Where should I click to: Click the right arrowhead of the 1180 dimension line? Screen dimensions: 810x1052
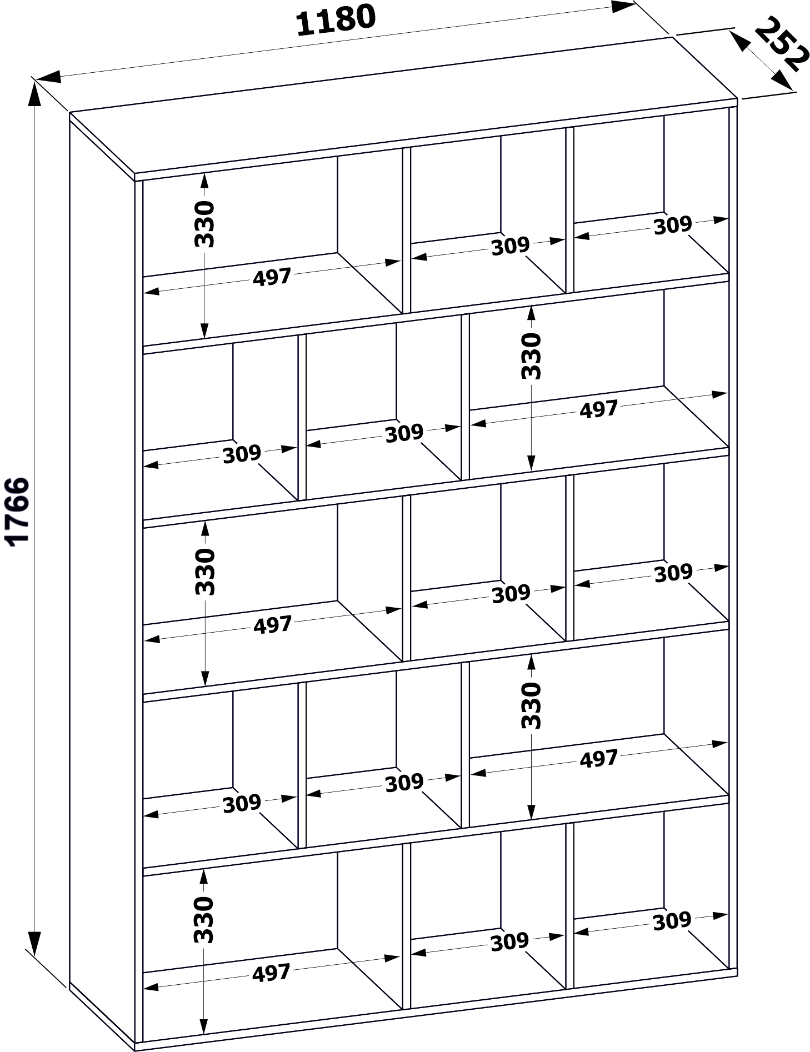coord(622,7)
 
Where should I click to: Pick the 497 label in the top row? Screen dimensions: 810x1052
coord(272,277)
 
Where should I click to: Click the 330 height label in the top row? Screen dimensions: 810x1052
coord(204,224)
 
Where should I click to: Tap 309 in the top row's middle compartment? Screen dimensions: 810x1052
coord(511,246)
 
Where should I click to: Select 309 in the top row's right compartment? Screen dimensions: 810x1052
coord(673,225)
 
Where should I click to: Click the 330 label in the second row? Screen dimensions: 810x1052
coord(531,356)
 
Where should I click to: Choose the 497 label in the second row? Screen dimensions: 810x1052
coord(599,409)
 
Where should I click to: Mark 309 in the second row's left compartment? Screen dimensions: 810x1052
coord(242,454)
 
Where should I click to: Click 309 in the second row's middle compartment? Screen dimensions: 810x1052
coord(404,433)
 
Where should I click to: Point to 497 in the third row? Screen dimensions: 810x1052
coord(273,625)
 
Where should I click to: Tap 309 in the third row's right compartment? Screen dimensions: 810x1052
coord(673,573)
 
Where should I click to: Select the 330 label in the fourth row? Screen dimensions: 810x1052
coord(532,705)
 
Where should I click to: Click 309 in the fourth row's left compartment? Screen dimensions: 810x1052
coord(242,803)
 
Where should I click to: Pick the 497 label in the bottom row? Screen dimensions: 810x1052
coord(271,973)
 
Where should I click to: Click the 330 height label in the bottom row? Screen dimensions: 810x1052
coord(203,919)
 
